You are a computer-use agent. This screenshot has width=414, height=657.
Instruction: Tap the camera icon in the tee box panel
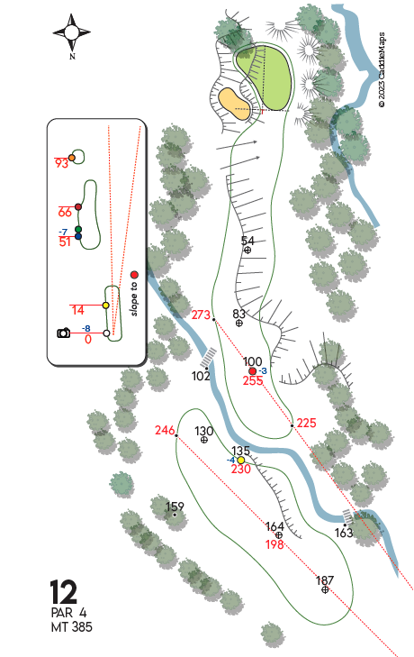[64, 333]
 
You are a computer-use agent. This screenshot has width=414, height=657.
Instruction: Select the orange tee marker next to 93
[72, 158]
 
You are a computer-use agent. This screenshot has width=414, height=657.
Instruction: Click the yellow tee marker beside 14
[106, 306]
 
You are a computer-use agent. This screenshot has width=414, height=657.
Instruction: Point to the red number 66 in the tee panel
[65, 213]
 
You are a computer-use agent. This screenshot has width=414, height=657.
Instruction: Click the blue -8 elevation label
[85, 328]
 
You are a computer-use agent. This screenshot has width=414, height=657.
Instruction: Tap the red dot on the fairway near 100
[252, 371]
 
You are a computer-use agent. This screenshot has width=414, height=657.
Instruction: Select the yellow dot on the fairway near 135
[240, 461]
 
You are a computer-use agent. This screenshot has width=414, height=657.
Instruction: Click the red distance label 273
[201, 315]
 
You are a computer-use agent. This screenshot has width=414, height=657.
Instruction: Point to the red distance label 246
[165, 430]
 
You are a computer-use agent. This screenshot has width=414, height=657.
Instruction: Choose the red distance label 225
[306, 423]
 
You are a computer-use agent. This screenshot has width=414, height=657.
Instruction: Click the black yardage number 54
[247, 241]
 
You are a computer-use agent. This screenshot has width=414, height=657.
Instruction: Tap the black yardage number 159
[175, 507]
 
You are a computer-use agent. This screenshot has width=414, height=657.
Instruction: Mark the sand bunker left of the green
[234, 104]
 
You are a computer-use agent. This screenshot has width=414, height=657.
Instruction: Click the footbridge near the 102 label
[208, 358]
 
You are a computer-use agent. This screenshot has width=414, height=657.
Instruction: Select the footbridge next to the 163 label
[347, 516]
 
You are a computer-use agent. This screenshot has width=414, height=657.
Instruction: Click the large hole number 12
[64, 592]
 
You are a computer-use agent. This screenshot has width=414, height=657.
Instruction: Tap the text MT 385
[72, 627]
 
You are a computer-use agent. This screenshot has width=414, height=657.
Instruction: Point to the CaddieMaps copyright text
[382, 70]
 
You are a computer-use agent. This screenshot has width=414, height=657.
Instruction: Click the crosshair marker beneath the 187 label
[325, 589]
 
